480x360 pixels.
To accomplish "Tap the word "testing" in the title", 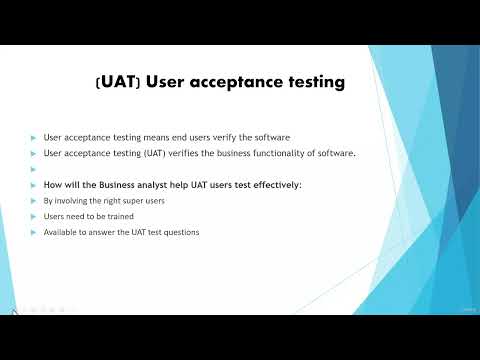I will point(315,83).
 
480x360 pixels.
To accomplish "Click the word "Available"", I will point(61,232).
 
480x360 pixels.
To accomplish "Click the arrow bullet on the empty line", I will point(33,169).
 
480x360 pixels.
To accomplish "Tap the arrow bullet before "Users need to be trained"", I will point(33,216).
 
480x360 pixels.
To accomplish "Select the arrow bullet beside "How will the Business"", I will point(33,185).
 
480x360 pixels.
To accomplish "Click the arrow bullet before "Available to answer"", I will point(33,232).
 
